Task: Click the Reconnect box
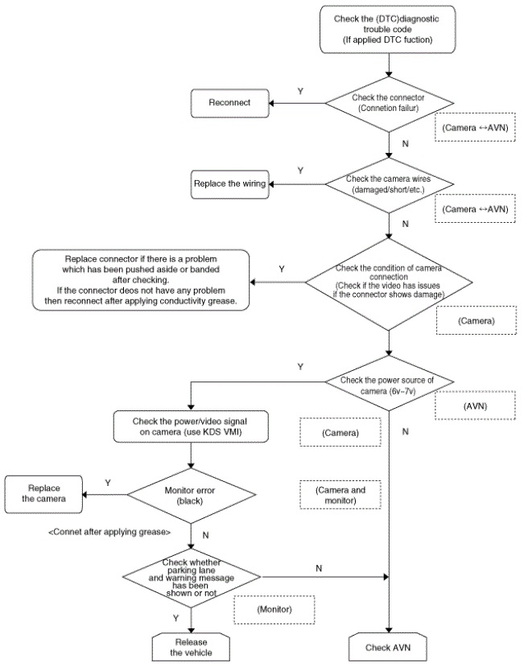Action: [x=230, y=103]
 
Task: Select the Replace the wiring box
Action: [x=230, y=184]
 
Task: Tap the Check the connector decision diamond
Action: [x=389, y=103]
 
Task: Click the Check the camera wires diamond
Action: [x=389, y=184]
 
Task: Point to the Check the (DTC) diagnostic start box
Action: [x=387, y=29]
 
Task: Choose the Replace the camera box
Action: [x=43, y=494]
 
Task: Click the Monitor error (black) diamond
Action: [x=191, y=496]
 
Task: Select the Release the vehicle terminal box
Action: [x=191, y=647]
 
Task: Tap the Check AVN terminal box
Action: [x=388, y=647]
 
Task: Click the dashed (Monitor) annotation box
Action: [x=274, y=610]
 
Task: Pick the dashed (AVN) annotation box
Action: [x=475, y=406]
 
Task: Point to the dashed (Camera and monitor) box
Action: [x=340, y=495]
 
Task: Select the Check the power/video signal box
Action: [x=191, y=426]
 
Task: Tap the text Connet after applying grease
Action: [x=109, y=532]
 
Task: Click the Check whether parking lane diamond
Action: [x=191, y=577]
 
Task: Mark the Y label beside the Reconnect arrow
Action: [x=300, y=92]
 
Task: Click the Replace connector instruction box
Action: [x=141, y=280]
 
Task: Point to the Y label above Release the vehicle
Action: [x=175, y=618]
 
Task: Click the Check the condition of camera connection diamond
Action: [x=389, y=283]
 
